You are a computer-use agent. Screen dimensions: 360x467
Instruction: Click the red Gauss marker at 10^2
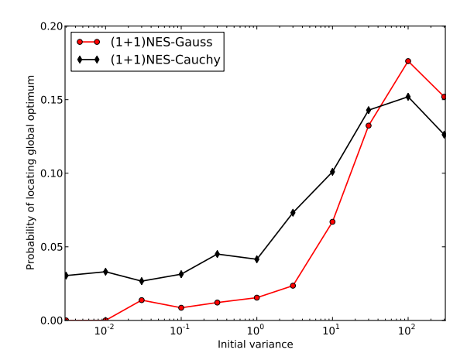click(x=407, y=61)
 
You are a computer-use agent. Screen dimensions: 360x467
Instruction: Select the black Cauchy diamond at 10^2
click(x=407, y=97)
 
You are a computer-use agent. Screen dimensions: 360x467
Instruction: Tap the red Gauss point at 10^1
click(x=331, y=221)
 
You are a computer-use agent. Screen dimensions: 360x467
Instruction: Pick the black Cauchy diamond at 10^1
click(x=331, y=172)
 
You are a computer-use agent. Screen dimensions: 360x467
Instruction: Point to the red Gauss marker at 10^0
click(x=256, y=297)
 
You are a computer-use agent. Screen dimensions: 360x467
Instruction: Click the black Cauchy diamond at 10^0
click(x=256, y=259)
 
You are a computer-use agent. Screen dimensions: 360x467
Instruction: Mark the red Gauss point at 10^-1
click(x=180, y=308)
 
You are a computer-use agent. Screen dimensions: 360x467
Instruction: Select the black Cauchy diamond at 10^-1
click(x=180, y=274)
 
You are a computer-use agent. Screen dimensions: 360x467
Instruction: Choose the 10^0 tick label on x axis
click(x=256, y=331)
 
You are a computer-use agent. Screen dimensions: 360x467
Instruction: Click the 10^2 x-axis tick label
click(x=407, y=331)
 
